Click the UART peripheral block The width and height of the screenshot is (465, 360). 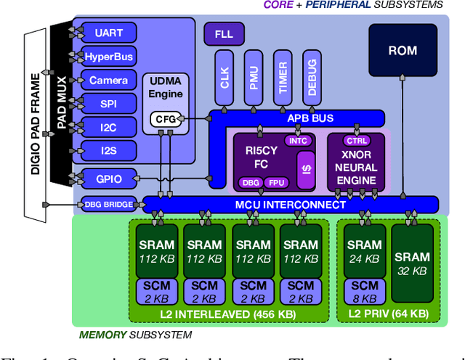tap(104, 33)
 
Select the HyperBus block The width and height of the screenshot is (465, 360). tap(104, 57)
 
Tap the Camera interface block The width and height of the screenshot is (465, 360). tap(104, 81)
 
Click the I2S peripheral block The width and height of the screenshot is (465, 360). tap(104, 150)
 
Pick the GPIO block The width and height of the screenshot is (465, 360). tap(104, 178)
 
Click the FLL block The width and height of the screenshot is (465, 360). tap(224, 33)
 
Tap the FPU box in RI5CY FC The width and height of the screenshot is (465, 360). tap(275, 182)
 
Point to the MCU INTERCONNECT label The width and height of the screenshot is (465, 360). tap(291, 205)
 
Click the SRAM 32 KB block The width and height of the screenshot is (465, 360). tap(412, 263)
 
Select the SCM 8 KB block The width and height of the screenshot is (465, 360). tap(363, 291)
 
